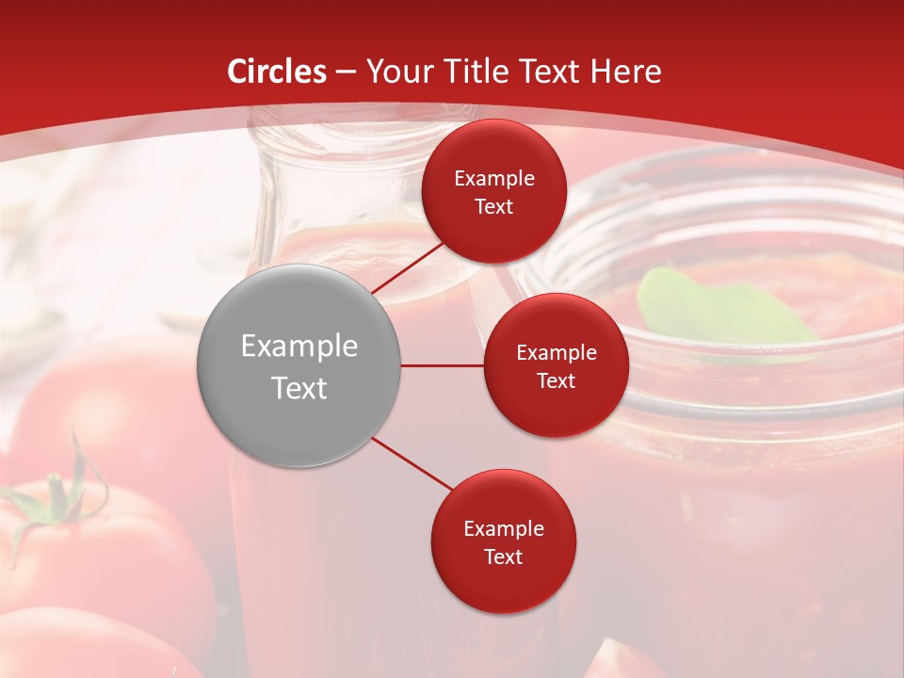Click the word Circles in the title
276,72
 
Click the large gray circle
299,365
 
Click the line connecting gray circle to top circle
407,266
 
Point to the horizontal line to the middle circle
442,365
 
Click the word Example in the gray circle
299,346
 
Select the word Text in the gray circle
299,387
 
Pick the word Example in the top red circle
493,178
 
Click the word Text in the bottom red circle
503,557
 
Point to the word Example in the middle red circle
556,352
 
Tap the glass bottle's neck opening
363,132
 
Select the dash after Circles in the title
345,73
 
